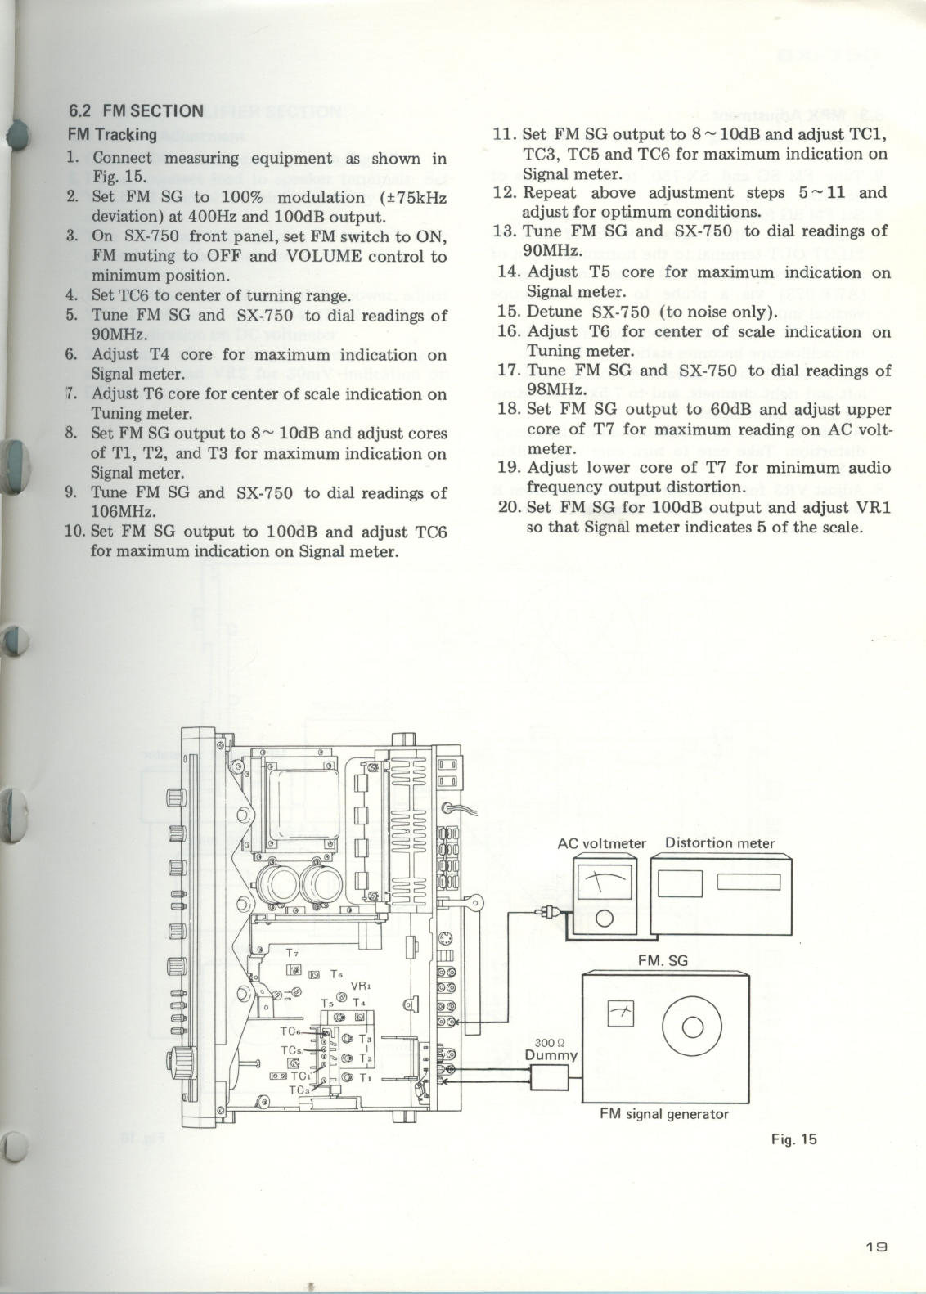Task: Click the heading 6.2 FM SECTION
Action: pyautogui.click(x=135, y=111)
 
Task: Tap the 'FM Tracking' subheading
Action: pyautogui.click(x=110, y=134)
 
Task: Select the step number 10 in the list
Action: pyautogui.click(x=74, y=531)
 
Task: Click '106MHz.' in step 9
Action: pyautogui.click(x=117, y=512)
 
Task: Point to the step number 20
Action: pyautogui.click(x=509, y=507)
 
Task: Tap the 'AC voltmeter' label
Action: pyautogui.click(x=601, y=843)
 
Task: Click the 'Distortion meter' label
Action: pyautogui.click(x=720, y=842)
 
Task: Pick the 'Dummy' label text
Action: pyautogui.click(x=551, y=1055)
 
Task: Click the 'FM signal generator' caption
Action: pyautogui.click(x=663, y=1114)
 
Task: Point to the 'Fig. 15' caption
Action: pyautogui.click(x=793, y=1139)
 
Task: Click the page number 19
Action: pyautogui.click(x=875, y=1248)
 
